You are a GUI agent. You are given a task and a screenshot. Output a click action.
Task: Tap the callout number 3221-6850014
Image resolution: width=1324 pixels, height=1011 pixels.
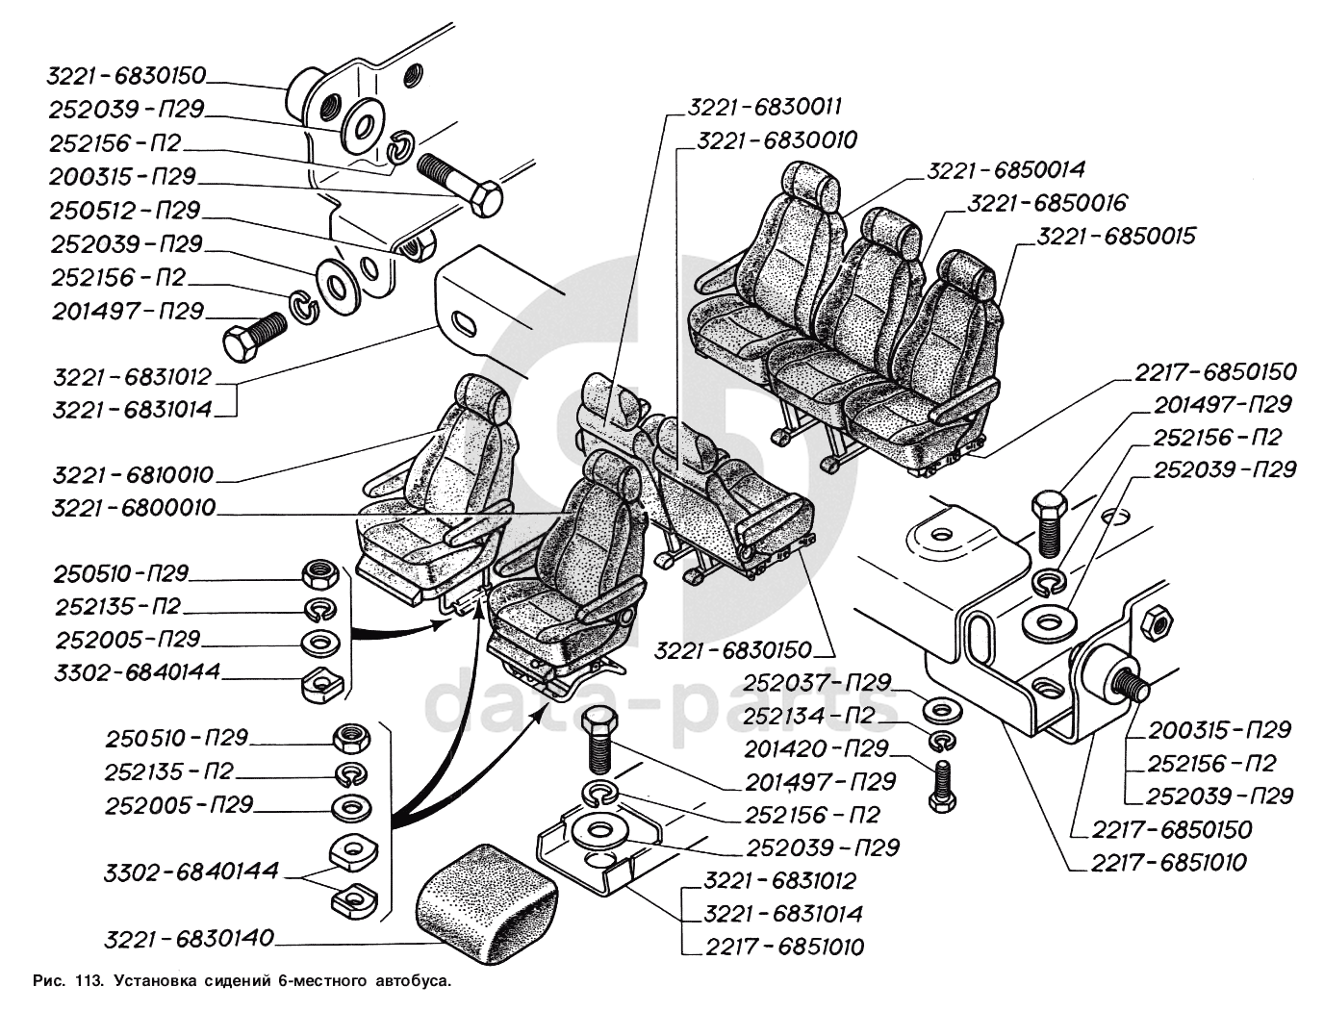point(1006,170)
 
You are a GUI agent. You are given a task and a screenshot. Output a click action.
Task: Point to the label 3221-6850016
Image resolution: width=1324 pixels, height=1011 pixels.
point(1047,203)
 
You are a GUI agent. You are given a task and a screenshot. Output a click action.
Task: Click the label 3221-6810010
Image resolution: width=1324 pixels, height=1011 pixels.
point(134,475)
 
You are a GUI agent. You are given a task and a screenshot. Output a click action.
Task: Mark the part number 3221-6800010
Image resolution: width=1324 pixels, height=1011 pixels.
point(134,508)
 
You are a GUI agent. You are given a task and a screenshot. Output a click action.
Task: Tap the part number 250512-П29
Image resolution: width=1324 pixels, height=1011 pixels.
point(124,210)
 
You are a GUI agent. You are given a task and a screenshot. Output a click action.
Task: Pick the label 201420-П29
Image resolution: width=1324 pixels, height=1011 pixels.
point(816,748)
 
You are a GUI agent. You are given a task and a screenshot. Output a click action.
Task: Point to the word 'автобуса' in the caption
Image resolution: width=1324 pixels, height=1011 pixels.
point(418,982)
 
